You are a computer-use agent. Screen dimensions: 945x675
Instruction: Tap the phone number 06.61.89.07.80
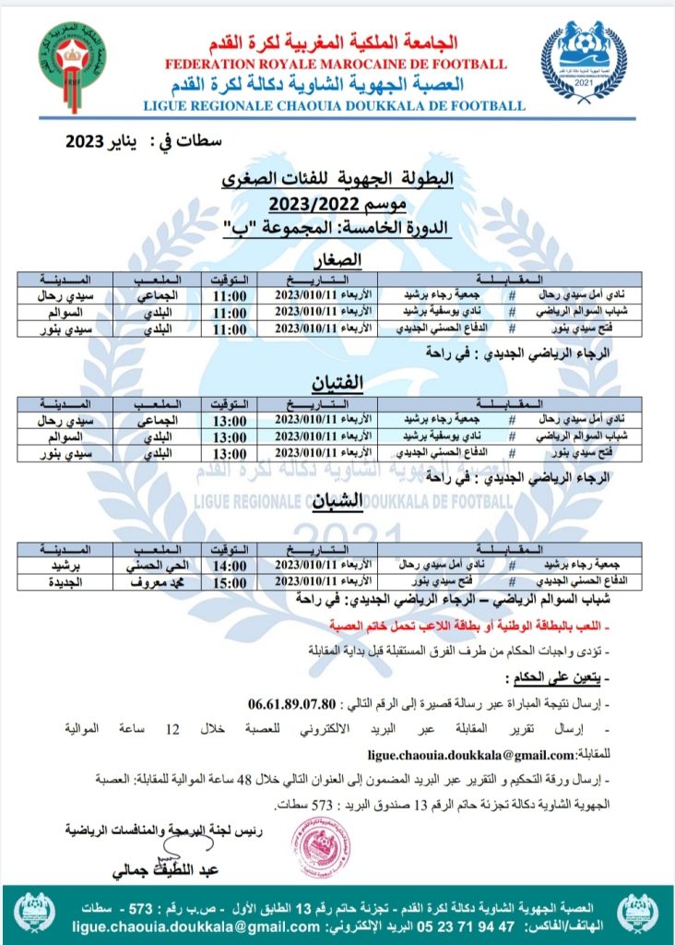coord(295,703)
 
